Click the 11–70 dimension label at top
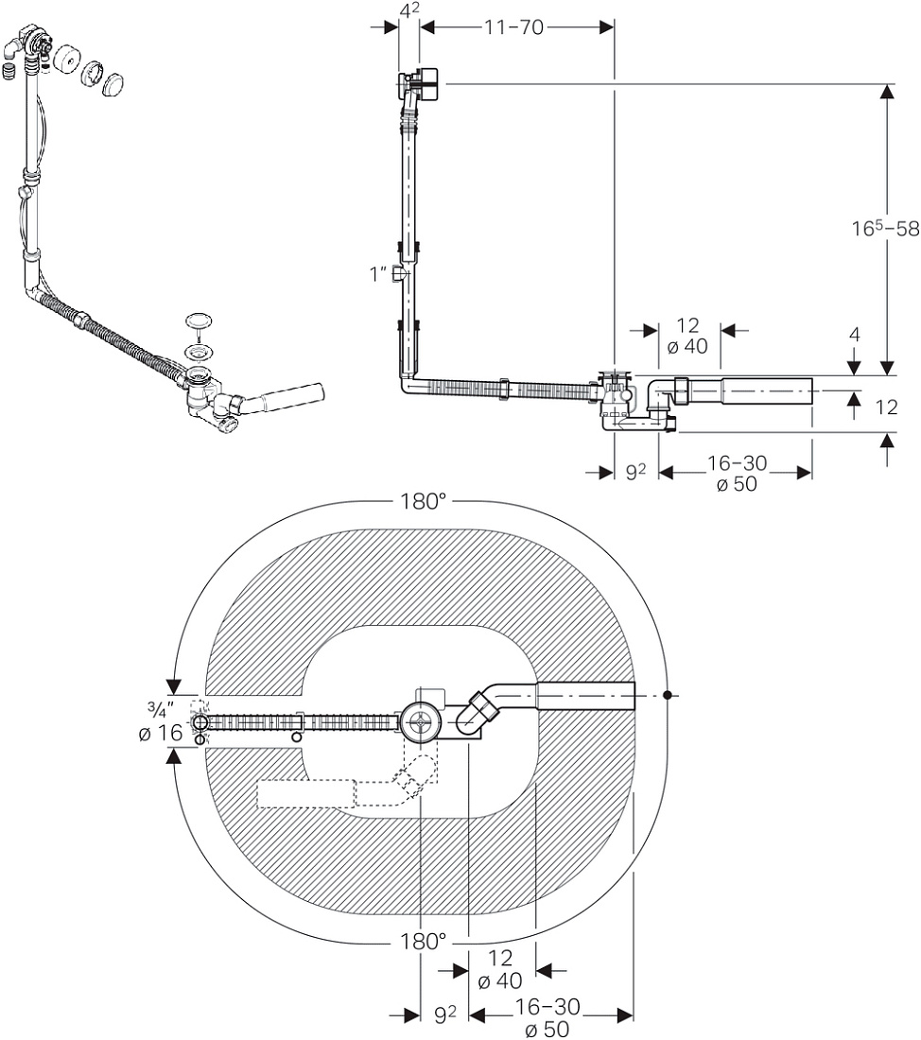513,27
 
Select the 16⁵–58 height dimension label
885,228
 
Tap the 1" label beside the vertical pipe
378,273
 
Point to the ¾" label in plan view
160,710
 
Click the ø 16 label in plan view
161,733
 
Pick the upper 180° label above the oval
423,501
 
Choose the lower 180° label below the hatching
423,941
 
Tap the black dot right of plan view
668,695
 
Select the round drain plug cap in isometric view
199,321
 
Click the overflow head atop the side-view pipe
419,84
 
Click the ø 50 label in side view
737,484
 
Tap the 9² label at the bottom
445,1014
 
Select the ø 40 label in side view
687,346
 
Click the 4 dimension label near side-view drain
854,335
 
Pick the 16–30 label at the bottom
547,1007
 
